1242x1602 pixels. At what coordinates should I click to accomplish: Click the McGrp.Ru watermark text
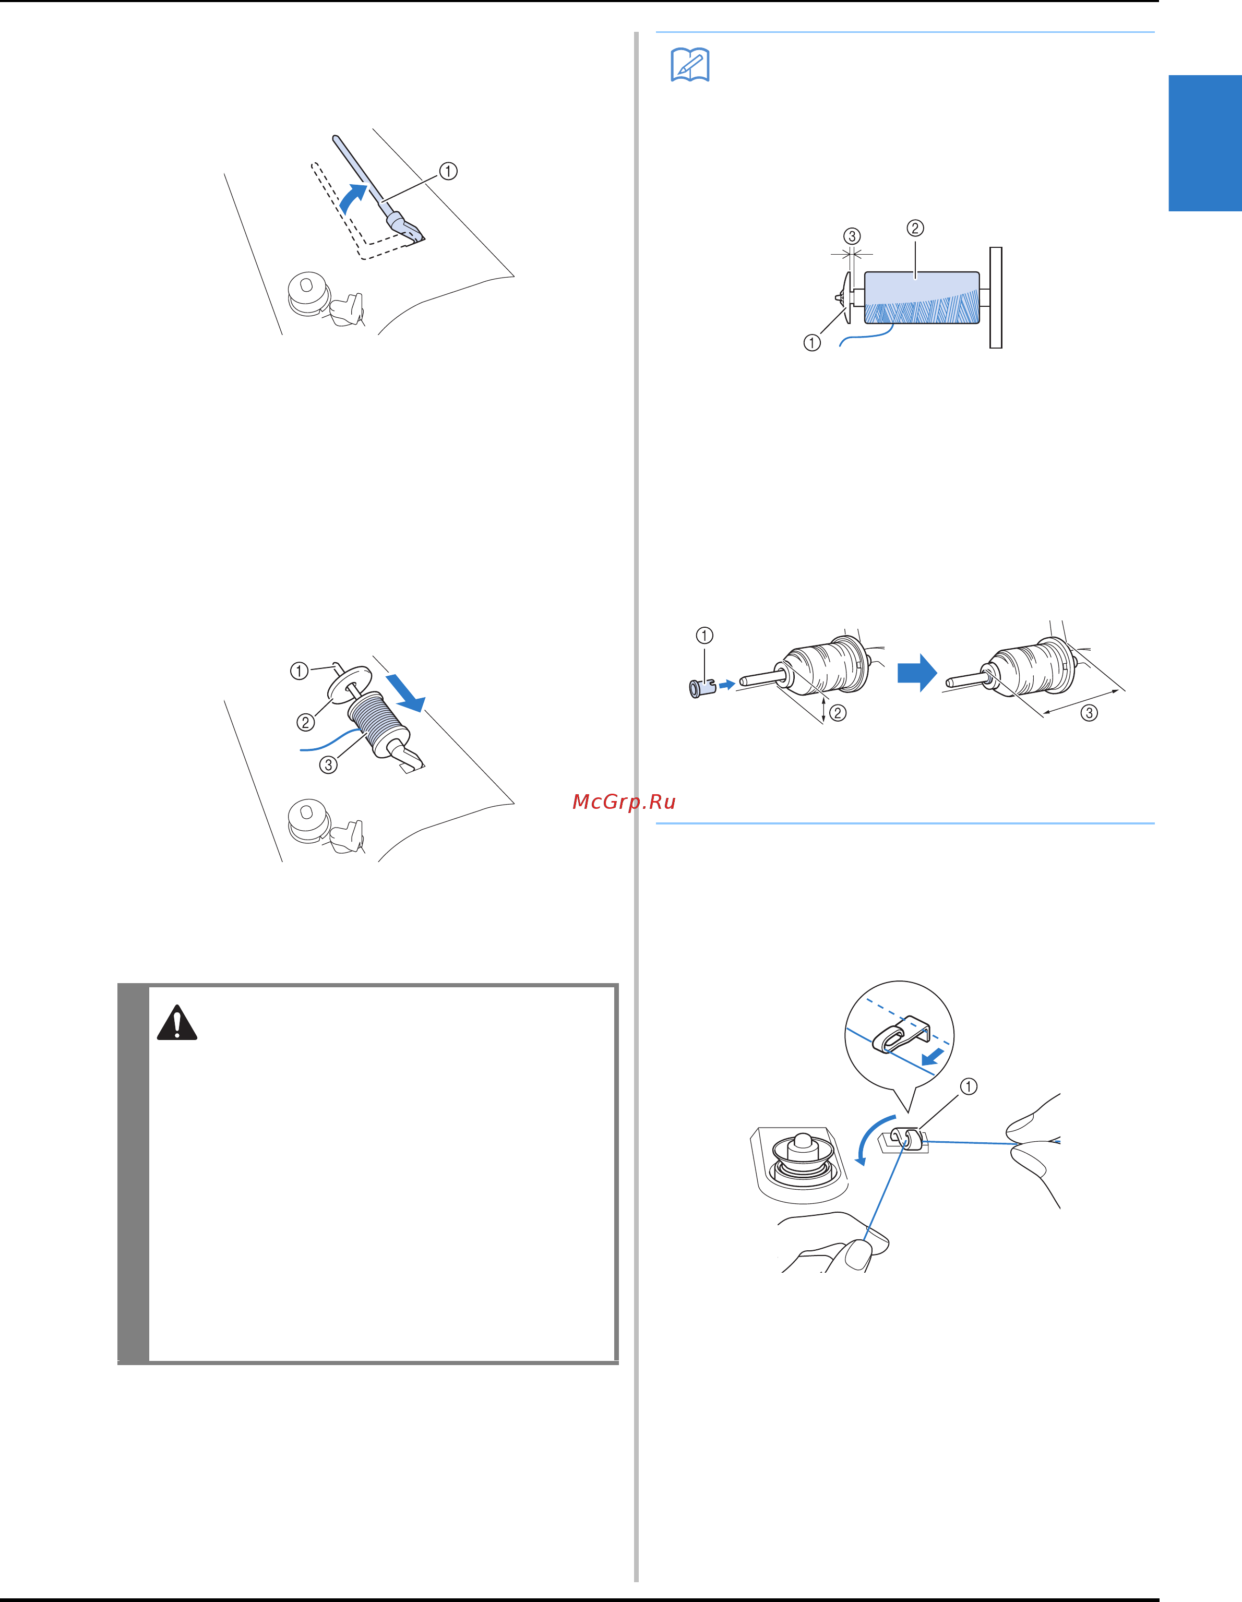(x=624, y=802)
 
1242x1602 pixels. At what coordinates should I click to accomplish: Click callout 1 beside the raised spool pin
(x=448, y=171)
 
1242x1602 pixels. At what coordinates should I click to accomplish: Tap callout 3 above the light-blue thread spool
(x=852, y=236)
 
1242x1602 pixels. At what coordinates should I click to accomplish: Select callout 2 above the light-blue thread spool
(x=915, y=228)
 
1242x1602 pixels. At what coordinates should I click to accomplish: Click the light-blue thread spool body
(x=922, y=298)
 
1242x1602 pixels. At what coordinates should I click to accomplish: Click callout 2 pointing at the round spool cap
(x=305, y=723)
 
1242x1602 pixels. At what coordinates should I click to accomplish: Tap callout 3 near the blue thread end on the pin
(x=328, y=764)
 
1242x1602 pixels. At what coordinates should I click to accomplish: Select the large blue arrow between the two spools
(x=917, y=672)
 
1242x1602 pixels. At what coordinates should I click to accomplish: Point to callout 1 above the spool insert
(x=704, y=635)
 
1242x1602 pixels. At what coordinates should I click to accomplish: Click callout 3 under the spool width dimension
(x=1090, y=712)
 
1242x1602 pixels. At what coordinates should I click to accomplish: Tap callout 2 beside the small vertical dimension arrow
(x=838, y=712)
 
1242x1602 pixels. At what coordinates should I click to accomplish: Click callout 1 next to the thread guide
(x=969, y=1086)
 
